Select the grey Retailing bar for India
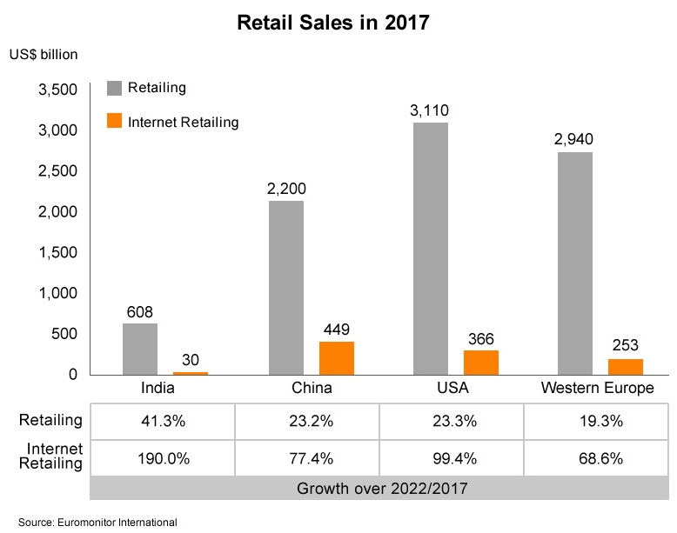tap(140, 349)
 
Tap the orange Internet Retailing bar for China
tap(337, 357)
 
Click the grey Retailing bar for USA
tap(431, 248)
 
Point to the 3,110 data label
tap(430, 110)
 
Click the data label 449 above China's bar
tap(337, 330)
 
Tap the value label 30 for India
tap(191, 360)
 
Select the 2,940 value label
tap(575, 140)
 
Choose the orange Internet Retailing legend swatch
tap(114, 122)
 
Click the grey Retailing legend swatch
tap(114, 88)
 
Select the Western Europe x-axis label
tap(597, 388)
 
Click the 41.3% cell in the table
tap(163, 422)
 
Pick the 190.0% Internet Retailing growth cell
tap(163, 458)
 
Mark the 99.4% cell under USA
tap(452, 458)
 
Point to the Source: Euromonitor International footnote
tap(97, 522)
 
